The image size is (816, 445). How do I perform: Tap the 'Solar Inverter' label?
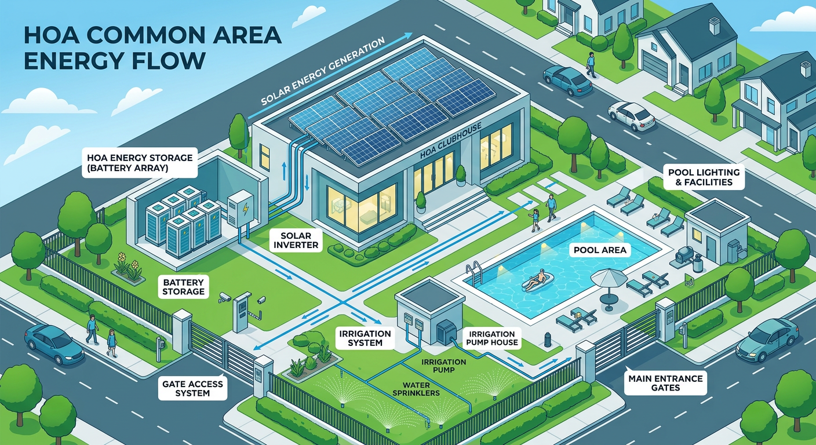pyautogui.click(x=295, y=240)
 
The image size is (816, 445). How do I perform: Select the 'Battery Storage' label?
pyautogui.click(x=183, y=286)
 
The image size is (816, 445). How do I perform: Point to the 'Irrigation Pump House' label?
pyautogui.click(x=492, y=338)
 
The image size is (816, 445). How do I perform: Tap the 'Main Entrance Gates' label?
pyautogui.click(x=665, y=383)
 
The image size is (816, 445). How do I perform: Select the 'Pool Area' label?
pyautogui.click(x=602, y=251)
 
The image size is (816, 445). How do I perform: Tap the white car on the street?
pyautogui.click(x=631, y=116)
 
